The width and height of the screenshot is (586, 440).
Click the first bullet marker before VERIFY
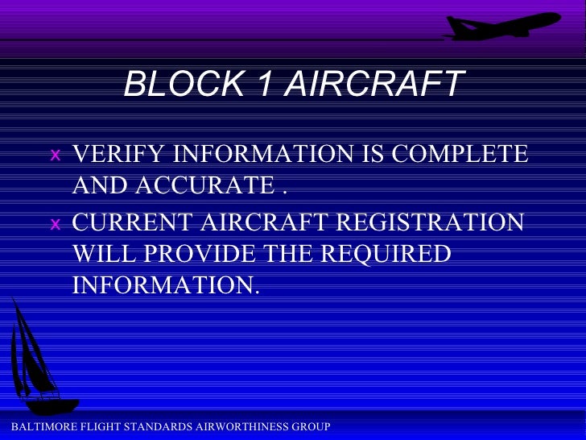coord(54,154)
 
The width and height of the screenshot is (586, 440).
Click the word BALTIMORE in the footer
coord(35,426)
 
